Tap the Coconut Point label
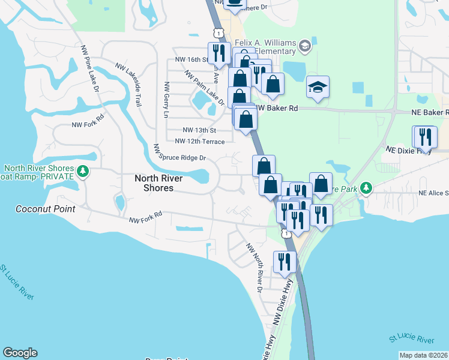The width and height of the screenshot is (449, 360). coord(46,209)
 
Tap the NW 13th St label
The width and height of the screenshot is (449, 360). coord(199,130)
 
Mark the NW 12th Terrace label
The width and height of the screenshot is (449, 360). coord(199,142)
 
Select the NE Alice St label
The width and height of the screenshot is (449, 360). coord(433,193)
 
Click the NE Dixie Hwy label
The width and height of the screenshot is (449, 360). coord(408,149)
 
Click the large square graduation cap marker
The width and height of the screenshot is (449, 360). coord(318,88)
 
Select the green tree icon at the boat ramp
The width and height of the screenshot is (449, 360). coord(83,172)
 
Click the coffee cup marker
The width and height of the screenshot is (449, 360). coord(235,4)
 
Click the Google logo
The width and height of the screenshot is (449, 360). coord(20,353)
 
